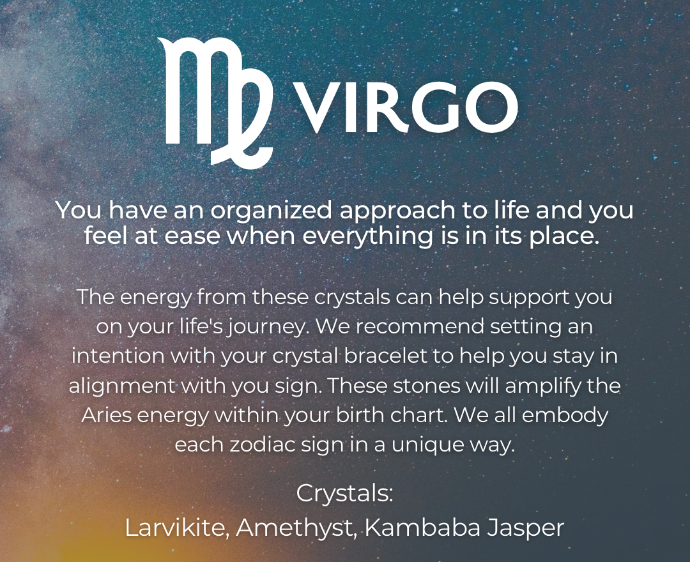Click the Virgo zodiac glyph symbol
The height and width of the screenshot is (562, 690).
click(217, 99)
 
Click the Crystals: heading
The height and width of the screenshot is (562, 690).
click(344, 494)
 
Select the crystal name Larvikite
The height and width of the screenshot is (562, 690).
click(177, 528)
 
